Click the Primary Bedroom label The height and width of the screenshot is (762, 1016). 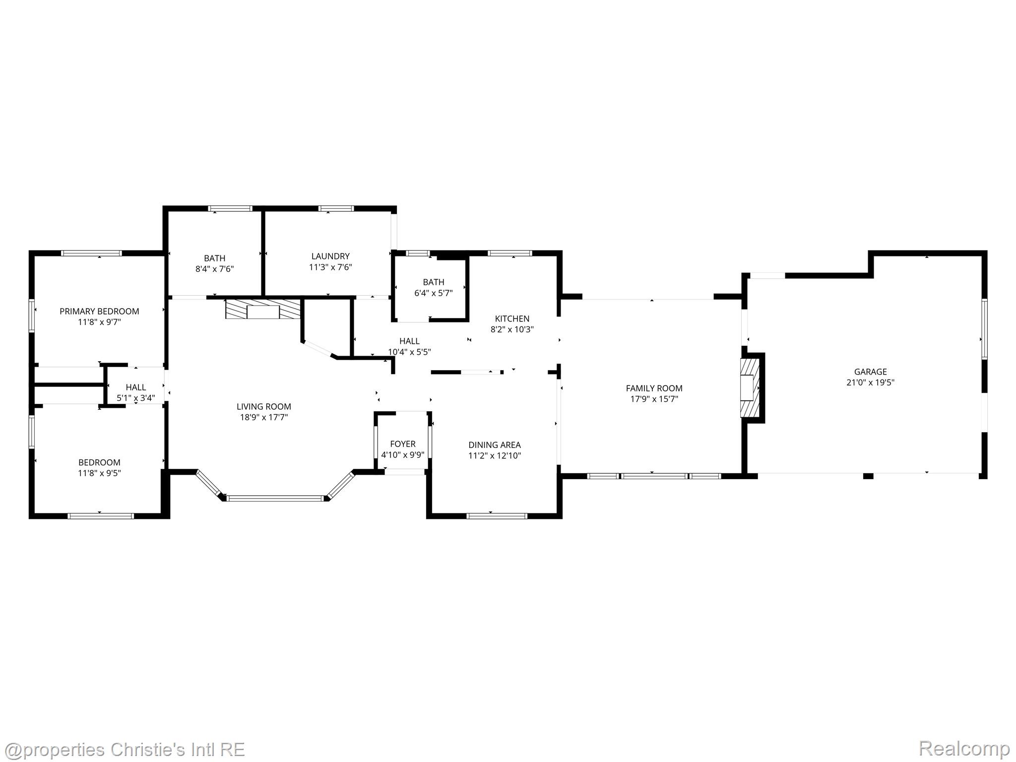tap(99, 311)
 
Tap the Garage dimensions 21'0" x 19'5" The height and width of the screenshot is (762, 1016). tap(870, 382)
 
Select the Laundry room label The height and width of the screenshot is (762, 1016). tap(330, 256)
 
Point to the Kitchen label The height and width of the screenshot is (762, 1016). tap(512, 318)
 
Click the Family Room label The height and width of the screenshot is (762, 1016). tap(654, 388)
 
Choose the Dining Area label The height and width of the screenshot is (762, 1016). tap(495, 445)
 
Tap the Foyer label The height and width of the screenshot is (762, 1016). tap(403, 444)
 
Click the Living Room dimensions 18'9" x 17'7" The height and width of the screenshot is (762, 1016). tap(264, 417)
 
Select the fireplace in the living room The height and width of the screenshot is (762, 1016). tap(263, 309)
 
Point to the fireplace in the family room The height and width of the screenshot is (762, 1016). tap(750, 387)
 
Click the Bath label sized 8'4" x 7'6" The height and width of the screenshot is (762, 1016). tap(214, 258)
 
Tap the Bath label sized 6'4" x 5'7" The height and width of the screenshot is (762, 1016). tap(434, 282)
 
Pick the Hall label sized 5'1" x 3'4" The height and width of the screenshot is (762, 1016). tap(136, 387)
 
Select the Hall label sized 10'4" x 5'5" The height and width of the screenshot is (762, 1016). tap(409, 341)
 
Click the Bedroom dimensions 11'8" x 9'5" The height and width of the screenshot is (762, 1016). tap(99, 473)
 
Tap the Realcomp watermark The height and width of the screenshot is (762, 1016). tap(964, 748)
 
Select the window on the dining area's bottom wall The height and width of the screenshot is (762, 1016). tap(497, 516)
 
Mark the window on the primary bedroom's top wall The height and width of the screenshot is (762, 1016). tap(92, 253)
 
